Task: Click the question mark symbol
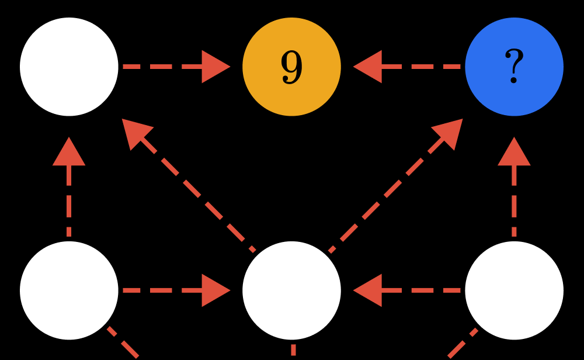tap(514, 66)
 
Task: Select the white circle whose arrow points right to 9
tap(69, 67)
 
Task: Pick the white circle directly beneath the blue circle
tap(514, 290)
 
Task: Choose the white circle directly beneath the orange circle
tap(291, 290)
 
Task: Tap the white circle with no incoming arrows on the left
tap(69, 290)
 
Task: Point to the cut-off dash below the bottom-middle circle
tap(293, 351)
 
